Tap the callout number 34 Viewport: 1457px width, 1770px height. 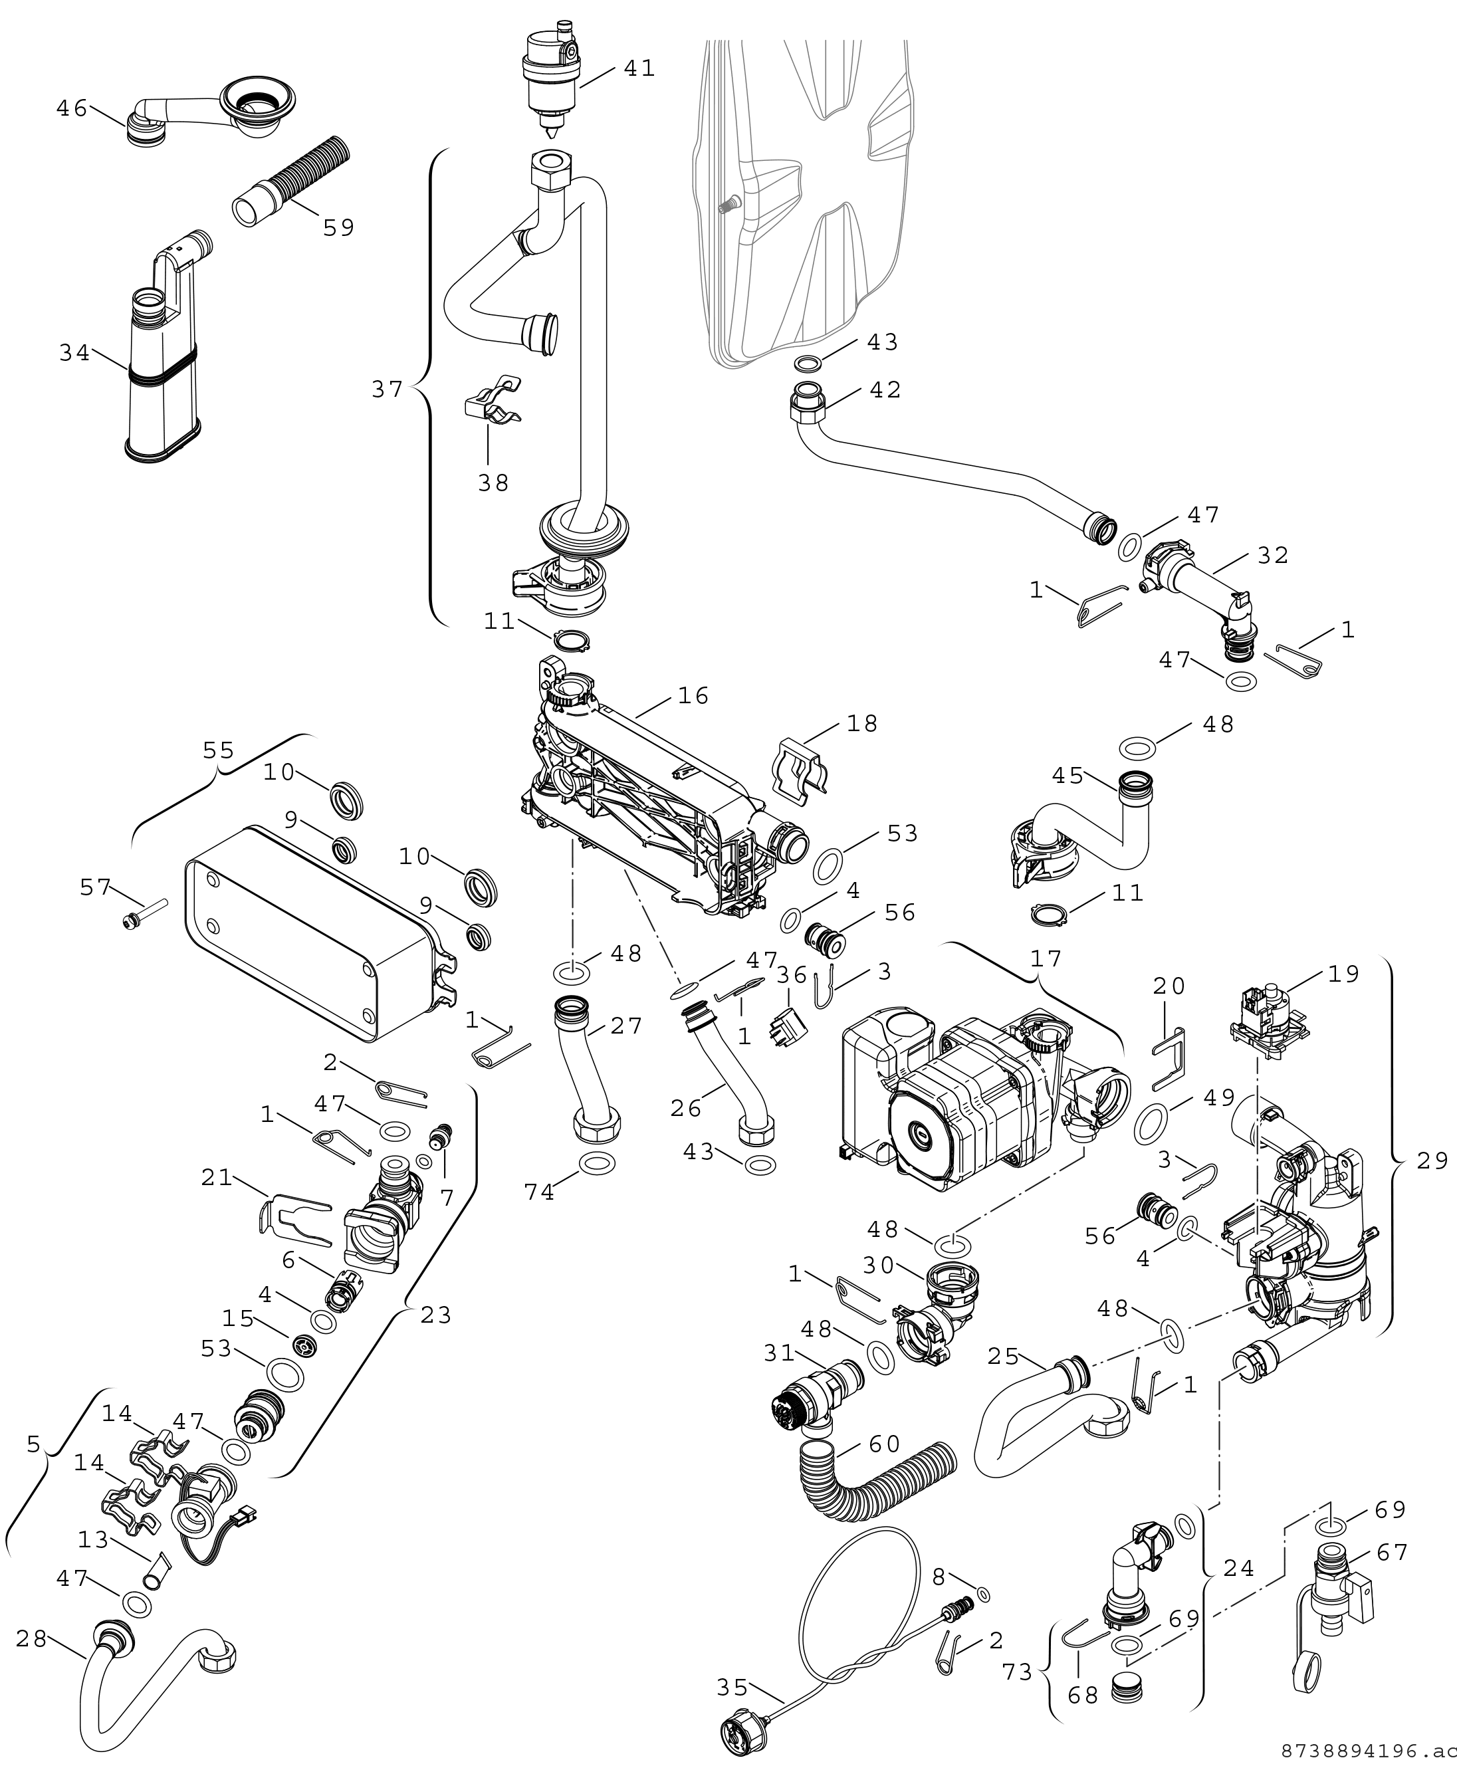point(74,354)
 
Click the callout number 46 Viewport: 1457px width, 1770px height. point(71,108)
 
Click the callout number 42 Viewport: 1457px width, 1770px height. point(885,389)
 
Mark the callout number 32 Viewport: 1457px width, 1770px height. point(1272,555)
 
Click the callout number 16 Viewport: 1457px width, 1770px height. point(693,695)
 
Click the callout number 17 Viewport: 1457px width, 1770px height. point(1046,958)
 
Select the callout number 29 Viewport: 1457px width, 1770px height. point(1432,1160)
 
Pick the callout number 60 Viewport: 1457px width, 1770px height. point(884,1444)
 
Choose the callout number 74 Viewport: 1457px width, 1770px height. point(539,1192)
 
